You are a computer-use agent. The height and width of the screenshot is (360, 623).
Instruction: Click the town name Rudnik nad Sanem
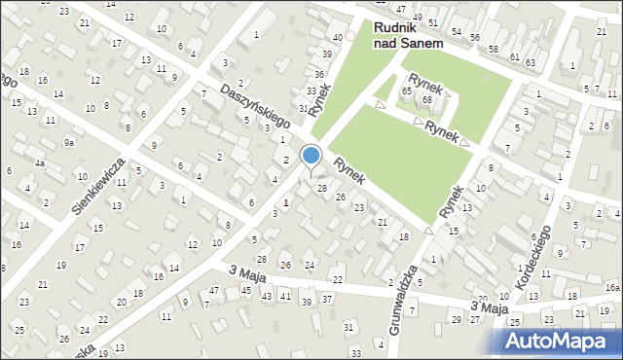408,36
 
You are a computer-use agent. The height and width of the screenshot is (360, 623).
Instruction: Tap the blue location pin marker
311,157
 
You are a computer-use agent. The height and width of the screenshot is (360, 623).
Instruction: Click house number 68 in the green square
426,100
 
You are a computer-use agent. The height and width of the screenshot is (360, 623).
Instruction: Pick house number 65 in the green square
407,90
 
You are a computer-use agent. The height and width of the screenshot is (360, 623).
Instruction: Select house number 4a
40,163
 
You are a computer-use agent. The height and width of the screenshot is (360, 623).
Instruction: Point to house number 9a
69,143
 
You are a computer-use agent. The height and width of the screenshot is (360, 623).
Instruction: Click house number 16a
611,288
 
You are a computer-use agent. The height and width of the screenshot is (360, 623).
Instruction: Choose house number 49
418,18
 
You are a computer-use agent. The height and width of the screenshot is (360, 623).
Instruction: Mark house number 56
475,37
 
